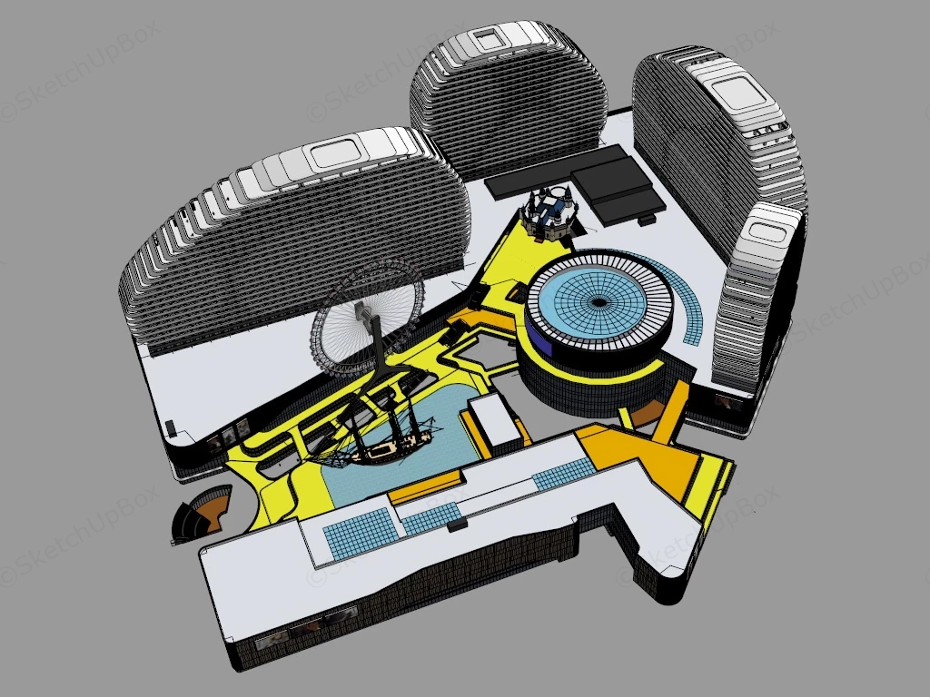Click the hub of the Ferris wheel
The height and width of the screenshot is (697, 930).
pos(361,309)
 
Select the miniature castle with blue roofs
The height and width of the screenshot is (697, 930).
pos(549,212)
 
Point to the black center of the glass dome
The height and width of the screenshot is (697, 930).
pos(599,303)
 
